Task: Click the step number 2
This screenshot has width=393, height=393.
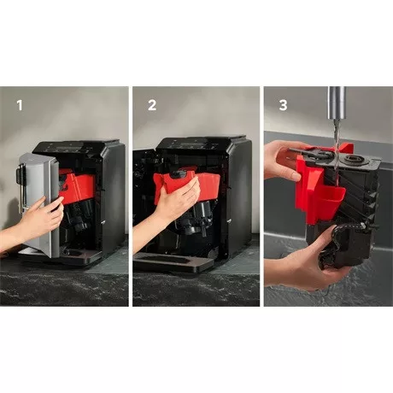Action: [x=152, y=106]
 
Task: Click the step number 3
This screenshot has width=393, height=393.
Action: [x=283, y=106]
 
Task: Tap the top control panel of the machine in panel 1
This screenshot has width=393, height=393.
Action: [x=73, y=145]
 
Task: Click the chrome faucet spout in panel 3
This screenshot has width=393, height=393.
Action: [x=337, y=107]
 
